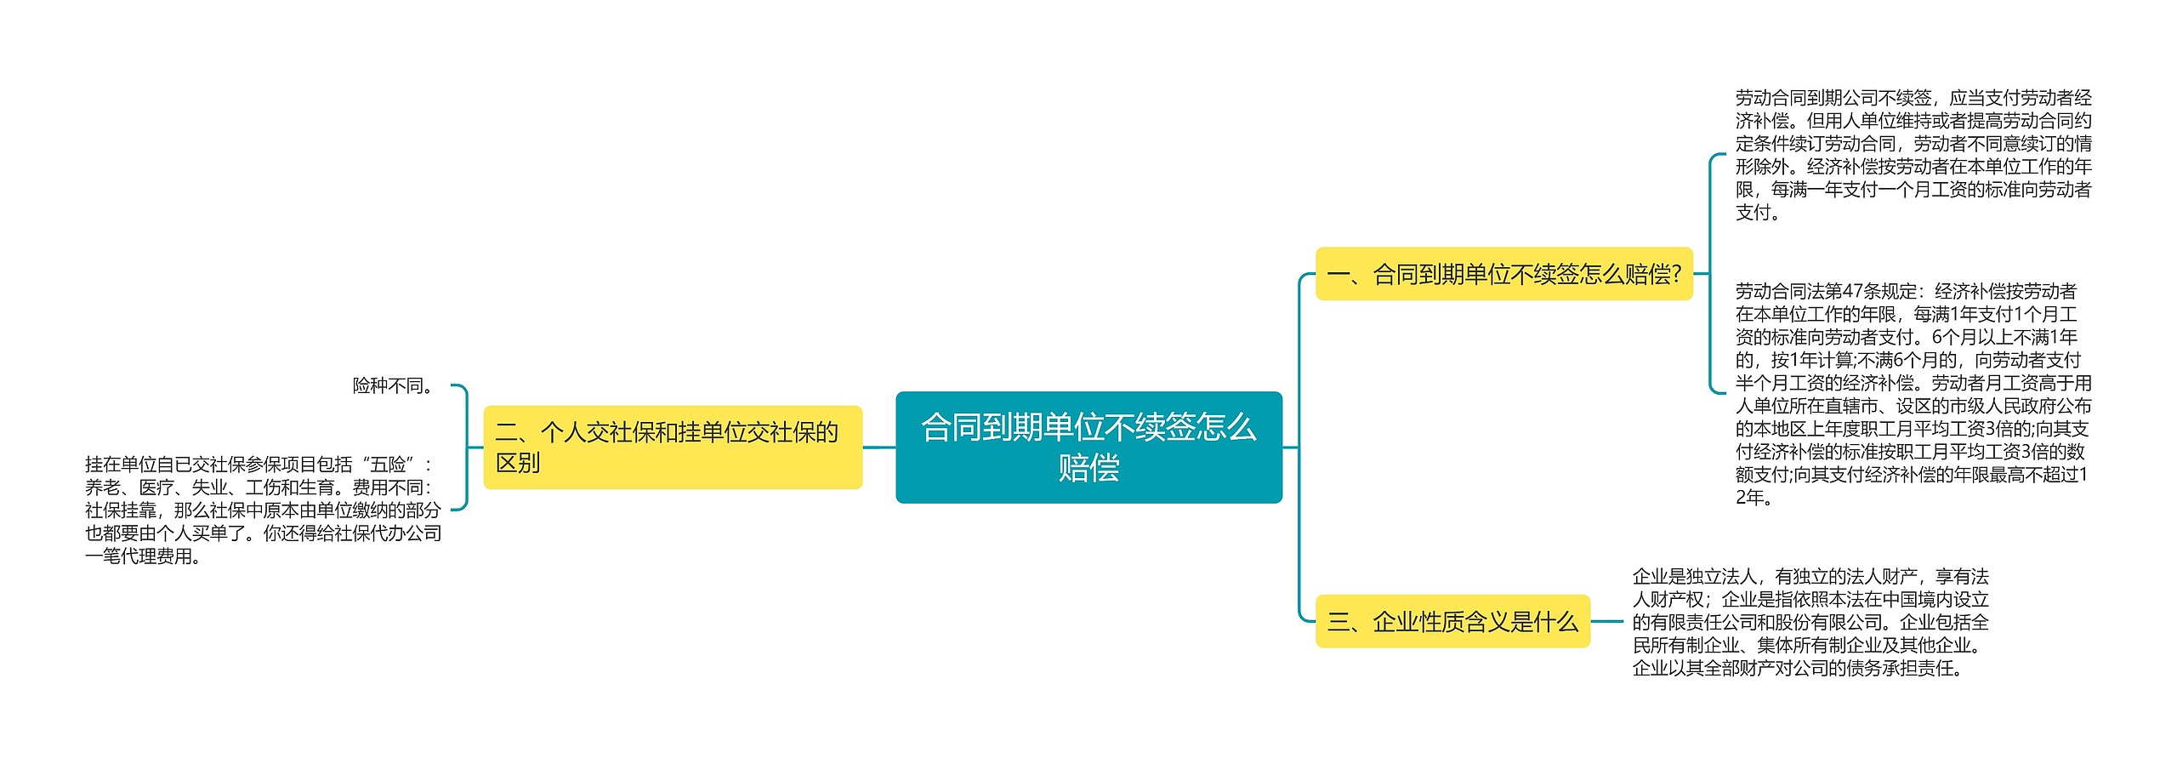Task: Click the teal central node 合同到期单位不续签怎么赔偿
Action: coord(1088,447)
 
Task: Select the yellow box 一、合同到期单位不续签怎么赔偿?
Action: coord(1504,274)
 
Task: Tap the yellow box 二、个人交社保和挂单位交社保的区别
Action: coord(673,447)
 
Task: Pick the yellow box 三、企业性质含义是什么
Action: coord(1452,621)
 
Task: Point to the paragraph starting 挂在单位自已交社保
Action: coord(264,510)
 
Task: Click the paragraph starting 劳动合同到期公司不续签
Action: coord(1913,155)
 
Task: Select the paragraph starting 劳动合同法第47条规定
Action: coord(1913,394)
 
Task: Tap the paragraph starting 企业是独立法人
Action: coord(1810,622)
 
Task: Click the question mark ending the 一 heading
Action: coord(1676,274)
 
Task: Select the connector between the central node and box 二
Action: coord(879,447)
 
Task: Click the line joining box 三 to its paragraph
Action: coord(1607,621)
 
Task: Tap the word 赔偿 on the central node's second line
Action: coord(1088,468)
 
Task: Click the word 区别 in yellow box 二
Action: coord(518,463)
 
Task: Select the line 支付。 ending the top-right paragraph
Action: coord(1759,213)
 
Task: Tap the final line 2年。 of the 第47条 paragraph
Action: coord(1755,498)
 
